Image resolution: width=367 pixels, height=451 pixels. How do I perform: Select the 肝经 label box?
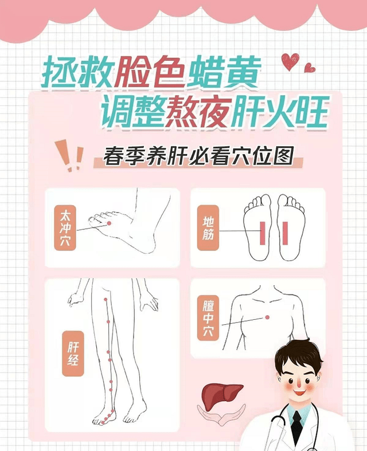coord(73,355)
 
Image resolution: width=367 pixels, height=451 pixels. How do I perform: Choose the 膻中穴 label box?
coord(208,318)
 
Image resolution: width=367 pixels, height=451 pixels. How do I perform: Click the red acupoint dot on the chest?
coord(266,318)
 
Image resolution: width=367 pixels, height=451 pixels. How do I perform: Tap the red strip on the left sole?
coord(262,232)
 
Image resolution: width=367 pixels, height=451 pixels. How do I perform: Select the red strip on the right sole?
coord(284,232)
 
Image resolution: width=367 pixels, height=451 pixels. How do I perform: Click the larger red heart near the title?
coord(290,61)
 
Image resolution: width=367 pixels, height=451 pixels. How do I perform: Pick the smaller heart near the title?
coord(310,68)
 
